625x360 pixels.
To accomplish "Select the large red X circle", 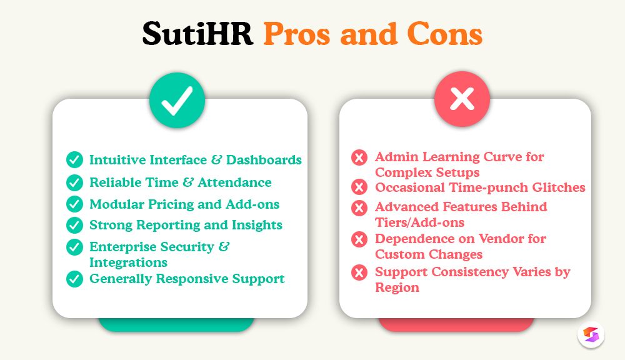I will (x=462, y=99).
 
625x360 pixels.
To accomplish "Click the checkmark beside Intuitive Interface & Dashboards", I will (x=74, y=160).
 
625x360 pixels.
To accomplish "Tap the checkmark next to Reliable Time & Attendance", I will (x=74, y=182).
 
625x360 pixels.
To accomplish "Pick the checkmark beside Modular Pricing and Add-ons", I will (x=74, y=204).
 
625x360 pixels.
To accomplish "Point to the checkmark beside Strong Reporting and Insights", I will (x=74, y=225).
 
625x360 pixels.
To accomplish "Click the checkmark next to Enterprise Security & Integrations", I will (x=74, y=247).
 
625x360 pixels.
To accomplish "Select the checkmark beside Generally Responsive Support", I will (x=74, y=279).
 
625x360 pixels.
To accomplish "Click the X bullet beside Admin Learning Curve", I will (x=359, y=157).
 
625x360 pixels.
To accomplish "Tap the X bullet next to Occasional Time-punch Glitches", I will (x=359, y=187).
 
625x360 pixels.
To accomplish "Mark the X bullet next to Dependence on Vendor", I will (x=359, y=239).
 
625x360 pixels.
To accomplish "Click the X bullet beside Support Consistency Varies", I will (x=359, y=272).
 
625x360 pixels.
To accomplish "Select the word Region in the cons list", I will (x=397, y=287).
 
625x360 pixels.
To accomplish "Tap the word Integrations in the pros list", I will (x=128, y=262).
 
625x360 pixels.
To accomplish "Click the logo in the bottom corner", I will (x=591, y=335).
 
